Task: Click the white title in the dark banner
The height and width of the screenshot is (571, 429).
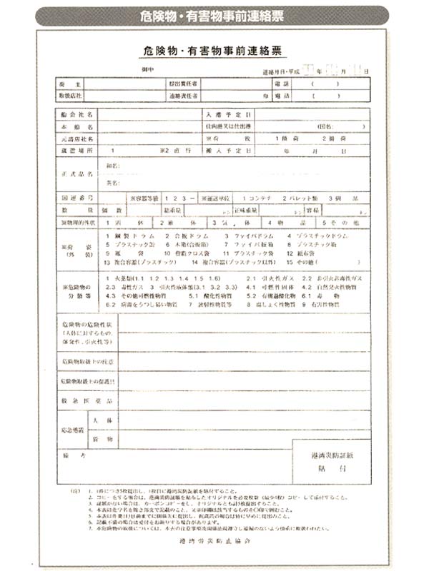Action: coord(214,16)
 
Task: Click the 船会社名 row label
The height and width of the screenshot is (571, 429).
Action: coord(73,114)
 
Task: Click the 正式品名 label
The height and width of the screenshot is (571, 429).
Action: coord(74,173)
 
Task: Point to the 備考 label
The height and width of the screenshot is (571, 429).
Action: coord(69,454)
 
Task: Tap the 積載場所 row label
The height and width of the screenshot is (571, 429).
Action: coord(73,151)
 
